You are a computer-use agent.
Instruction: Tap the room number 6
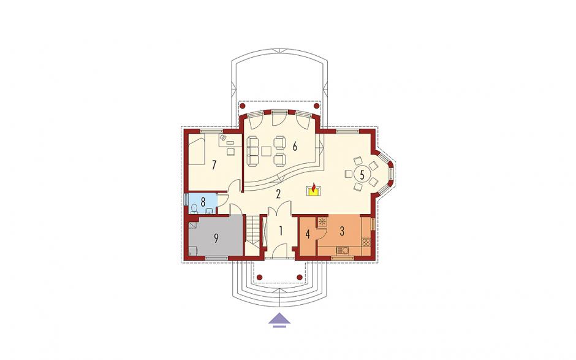click(294, 147)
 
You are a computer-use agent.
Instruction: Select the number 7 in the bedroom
click(214, 165)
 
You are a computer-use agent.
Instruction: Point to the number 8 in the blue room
click(203, 202)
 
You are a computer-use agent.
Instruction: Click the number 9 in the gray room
click(216, 239)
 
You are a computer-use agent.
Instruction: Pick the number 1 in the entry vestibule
click(281, 231)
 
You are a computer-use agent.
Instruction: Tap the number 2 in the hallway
click(278, 193)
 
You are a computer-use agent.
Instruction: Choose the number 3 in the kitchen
click(342, 231)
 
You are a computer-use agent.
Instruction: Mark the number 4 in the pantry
click(308, 234)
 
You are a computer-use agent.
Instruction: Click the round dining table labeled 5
click(362, 174)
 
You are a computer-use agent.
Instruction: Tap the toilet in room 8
click(194, 209)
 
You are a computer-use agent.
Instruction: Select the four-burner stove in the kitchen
click(366, 242)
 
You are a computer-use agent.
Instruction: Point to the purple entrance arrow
click(279, 320)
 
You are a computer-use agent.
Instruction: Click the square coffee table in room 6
click(266, 151)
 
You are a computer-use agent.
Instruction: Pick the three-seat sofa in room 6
click(252, 151)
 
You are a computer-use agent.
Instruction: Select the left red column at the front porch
click(260, 277)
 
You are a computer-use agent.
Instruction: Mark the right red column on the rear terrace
click(317, 106)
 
